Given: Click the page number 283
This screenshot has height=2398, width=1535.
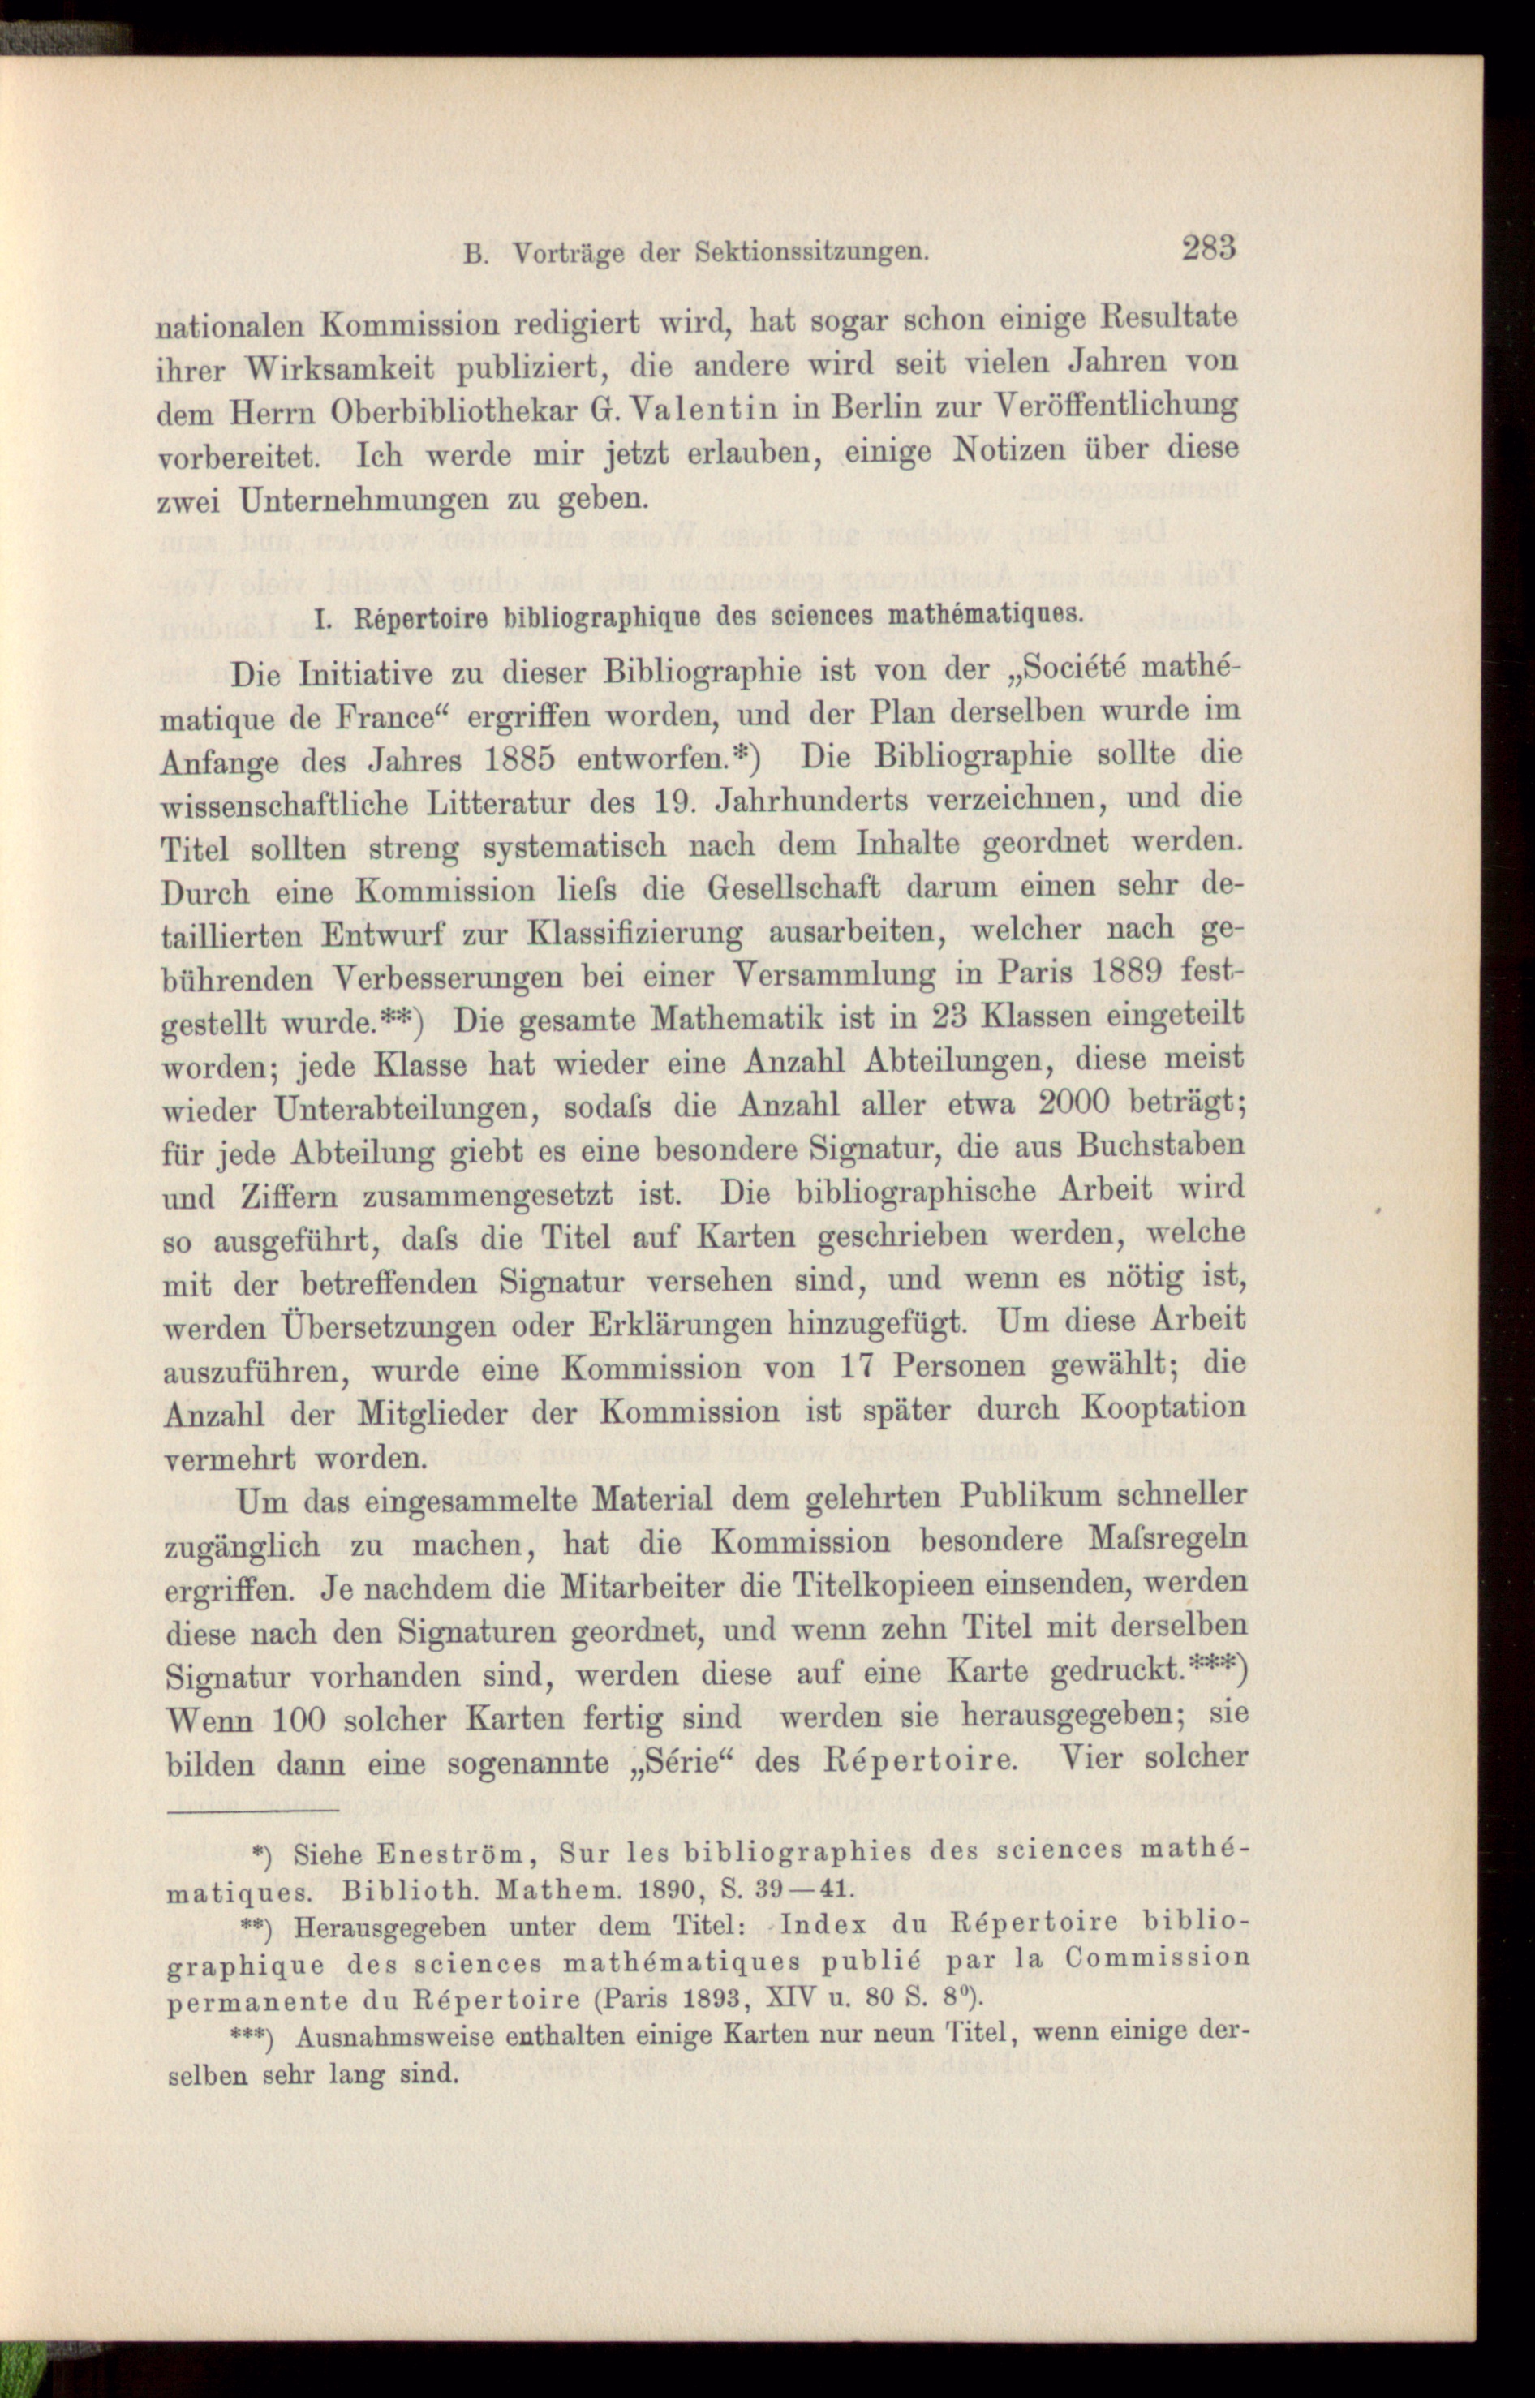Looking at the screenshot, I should pyautogui.click(x=1209, y=247).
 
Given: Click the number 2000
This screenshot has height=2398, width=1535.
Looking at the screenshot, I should pyautogui.click(x=1074, y=1102).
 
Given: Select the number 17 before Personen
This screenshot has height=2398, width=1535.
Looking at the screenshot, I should pyautogui.click(x=858, y=1364).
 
